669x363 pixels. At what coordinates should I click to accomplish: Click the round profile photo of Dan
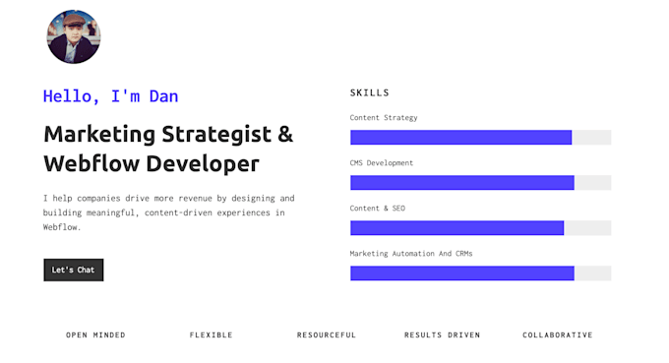pos(73,37)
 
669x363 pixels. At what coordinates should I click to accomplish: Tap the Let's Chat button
pos(73,270)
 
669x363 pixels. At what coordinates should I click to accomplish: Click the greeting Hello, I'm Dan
pos(110,96)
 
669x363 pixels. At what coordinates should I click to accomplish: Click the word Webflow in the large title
pos(94,163)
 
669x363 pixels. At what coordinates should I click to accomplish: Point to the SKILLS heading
pos(370,92)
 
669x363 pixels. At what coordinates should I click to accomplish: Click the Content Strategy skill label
pos(384,118)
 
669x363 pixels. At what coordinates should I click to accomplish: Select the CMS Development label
pos(382,163)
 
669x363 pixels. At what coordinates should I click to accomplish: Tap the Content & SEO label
pos(377,209)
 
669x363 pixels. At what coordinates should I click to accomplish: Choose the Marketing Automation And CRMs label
pos(411,254)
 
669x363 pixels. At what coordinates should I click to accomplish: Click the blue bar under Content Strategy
pos(460,138)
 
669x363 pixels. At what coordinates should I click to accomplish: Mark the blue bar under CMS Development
pos(461,183)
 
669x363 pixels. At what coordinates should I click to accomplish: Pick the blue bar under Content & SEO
pos(456,228)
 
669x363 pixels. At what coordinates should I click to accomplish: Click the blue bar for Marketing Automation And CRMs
pos(461,273)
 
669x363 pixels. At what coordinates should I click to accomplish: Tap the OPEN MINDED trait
pos(95,335)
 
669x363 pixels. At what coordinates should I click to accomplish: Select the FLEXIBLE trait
pos(212,335)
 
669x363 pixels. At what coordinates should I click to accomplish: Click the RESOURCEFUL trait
pos(327,335)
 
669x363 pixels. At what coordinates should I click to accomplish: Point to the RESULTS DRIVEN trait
pos(443,335)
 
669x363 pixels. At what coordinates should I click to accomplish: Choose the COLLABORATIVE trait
pos(558,335)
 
